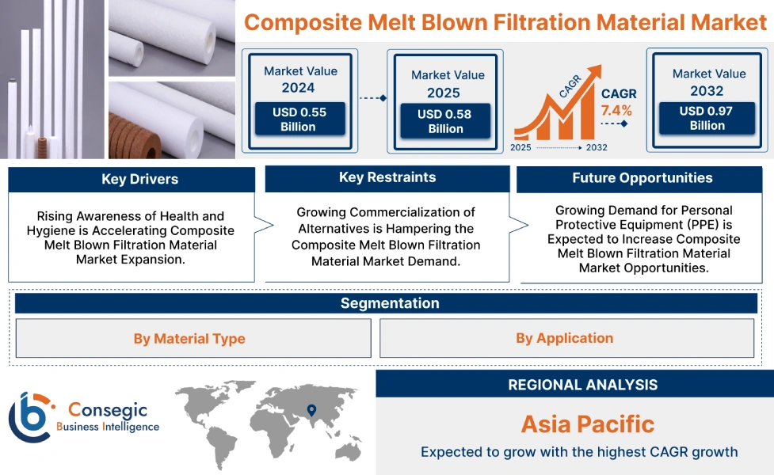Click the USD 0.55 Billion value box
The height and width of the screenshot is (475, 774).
click(x=299, y=120)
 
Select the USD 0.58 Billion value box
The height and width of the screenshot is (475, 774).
click(x=445, y=121)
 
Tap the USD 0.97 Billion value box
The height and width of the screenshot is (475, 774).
click(x=707, y=118)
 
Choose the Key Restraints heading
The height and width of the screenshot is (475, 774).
click(x=387, y=177)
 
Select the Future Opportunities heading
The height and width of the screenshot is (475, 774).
click(x=642, y=178)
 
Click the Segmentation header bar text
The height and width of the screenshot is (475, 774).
click(x=389, y=303)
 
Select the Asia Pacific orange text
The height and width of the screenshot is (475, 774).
click(x=587, y=424)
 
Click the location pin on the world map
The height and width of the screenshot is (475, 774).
click(x=311, y=409)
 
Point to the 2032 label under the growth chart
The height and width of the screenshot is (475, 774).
click(x=596, y=147)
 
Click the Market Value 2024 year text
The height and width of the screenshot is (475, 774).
click(x=298, y=88)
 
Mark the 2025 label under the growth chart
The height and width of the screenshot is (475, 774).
click(x=521, y=147)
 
